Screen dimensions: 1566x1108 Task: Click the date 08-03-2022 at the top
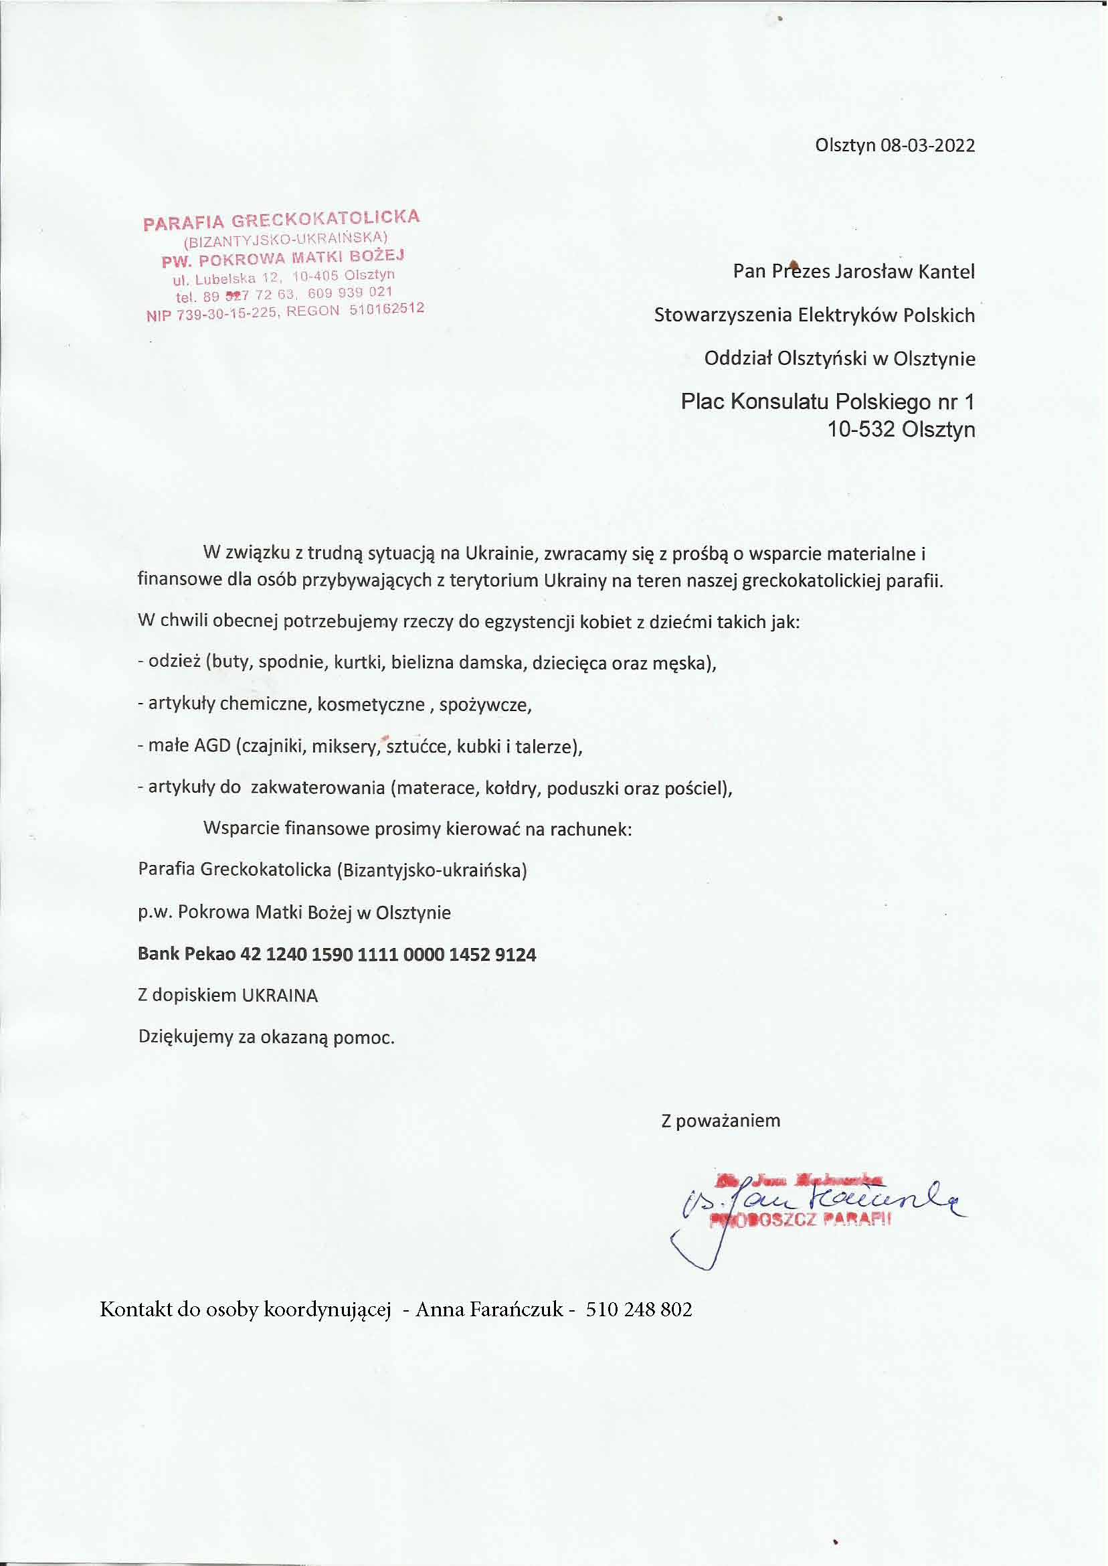coord(928,145)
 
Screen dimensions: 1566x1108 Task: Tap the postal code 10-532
coord(861,430)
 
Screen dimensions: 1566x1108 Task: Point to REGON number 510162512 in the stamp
coord(386,309)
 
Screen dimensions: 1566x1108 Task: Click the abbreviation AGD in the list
coord(213,746)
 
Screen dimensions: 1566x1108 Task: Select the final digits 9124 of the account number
coord(516,953)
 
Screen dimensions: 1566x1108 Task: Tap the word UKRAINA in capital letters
coord(280,996)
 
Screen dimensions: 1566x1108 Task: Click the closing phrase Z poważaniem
coord(721,1120)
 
